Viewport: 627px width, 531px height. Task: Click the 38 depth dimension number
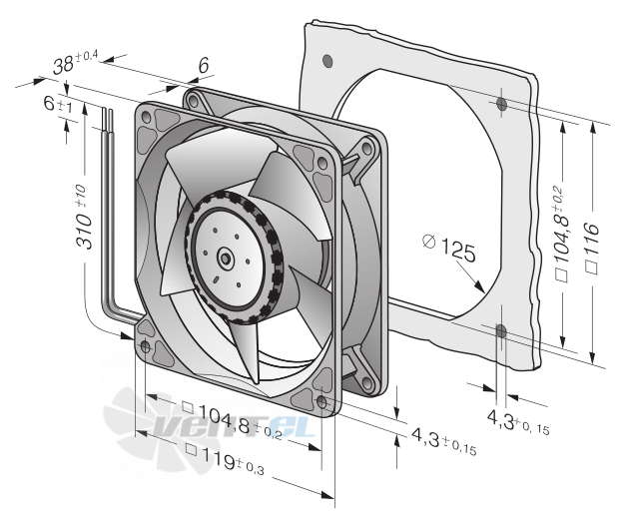point(63,65)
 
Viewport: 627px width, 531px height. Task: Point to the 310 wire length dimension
point(84,217)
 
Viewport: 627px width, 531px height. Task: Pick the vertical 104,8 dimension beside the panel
point(562,234)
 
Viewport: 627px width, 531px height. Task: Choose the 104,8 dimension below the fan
point(225,418)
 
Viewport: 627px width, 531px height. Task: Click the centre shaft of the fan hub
point(225,259)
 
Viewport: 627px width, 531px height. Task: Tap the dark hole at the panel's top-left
point(327,60)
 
